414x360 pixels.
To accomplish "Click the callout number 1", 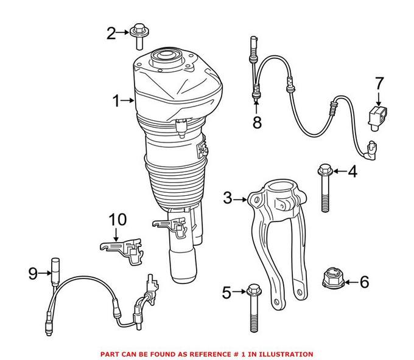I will [116, 100].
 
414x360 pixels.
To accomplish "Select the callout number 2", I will [111, 33].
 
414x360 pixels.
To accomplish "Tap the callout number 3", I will [228, 197].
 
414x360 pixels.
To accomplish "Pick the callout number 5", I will [226, 294].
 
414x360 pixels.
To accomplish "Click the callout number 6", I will [365, 282].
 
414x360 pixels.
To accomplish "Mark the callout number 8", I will [257, 122].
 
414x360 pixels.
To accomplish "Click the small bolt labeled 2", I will [139, 36].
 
